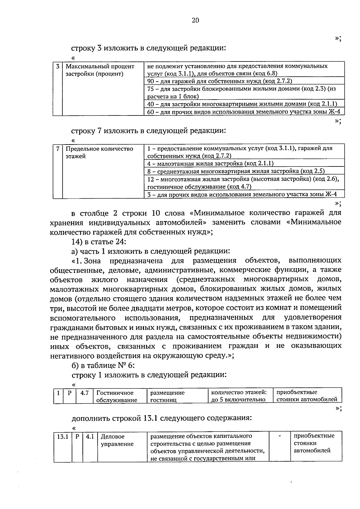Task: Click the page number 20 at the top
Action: coord(195,20)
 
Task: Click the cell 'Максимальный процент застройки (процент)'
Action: coord(100,70)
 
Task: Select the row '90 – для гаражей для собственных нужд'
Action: coord(220,81)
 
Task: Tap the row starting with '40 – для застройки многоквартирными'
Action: coord(242,104)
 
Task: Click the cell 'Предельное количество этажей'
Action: coord(99,152)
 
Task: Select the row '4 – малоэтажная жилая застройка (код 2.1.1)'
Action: coord(210,163)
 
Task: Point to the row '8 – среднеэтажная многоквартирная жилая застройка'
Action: coord(236,171)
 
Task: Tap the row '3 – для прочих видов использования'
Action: coord(242,194)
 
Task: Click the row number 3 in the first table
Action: coord(58,66)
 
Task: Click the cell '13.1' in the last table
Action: coord(63,437)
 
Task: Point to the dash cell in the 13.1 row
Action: coord(280,436)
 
